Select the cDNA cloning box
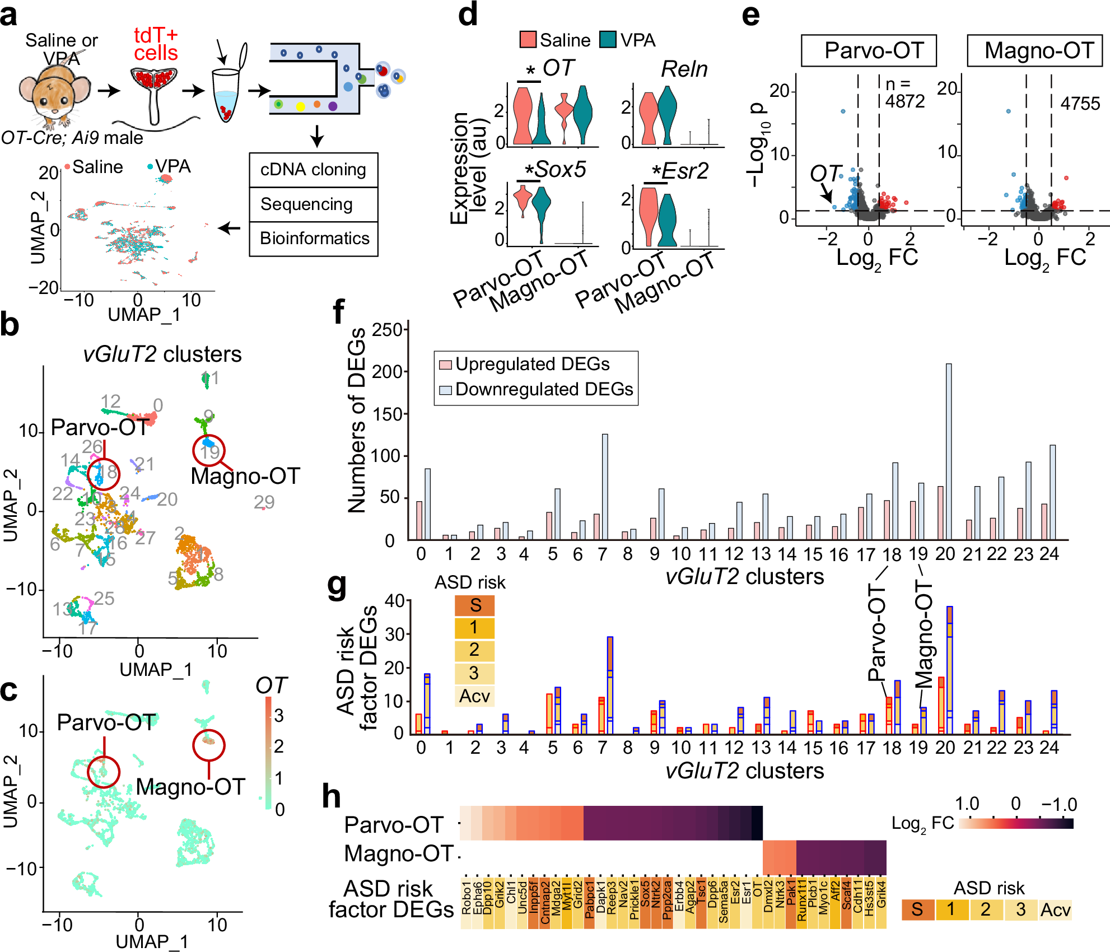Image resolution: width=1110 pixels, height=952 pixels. (x=313, y=170)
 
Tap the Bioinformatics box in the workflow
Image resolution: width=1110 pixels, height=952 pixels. (x=314, y=239)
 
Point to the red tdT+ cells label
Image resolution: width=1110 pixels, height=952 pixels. (x=156, y=44)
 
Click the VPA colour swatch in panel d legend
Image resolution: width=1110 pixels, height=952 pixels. (x=608, y=40)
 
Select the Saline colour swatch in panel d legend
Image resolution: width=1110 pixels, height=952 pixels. (x=528, y=40)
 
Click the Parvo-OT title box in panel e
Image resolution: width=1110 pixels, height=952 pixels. (x=869, y=51)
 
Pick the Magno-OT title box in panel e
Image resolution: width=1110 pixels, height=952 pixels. (x=1034, y=51)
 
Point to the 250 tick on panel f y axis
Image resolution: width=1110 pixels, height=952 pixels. (x=388, y=330)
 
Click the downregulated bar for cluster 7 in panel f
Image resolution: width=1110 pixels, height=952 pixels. (x=605, y=487)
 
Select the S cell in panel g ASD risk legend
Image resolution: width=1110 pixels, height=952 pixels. (x=474, y=606)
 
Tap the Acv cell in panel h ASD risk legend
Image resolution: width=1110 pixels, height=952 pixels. (x=1055, y=910)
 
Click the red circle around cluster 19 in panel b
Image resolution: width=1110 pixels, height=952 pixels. (x=209, y=450)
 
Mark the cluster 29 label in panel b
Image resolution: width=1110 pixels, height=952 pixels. (x=264, y=502)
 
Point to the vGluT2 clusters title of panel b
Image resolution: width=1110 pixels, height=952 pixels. (x=162, y=354)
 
